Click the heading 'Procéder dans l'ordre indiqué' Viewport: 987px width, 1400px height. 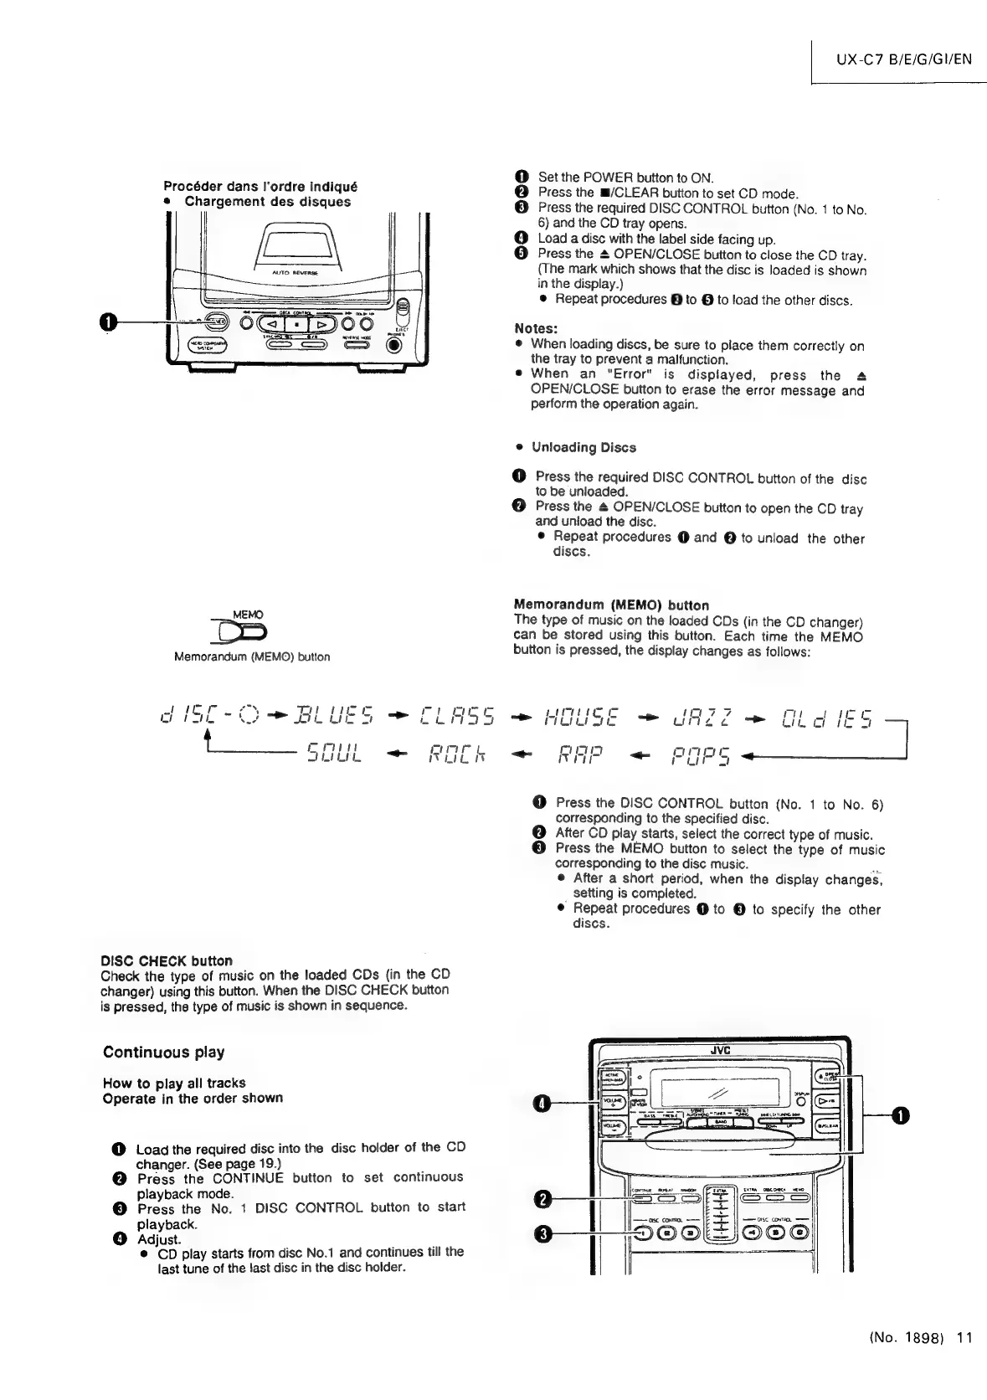pyautogui.click(x=260, y=186)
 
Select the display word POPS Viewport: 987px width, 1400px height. pyautogui.click(x=701, y=756)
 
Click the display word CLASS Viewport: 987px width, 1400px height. pyautogui.click(x=457, y=717)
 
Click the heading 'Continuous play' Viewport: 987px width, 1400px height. pyautogui.click(x=163, y=1053)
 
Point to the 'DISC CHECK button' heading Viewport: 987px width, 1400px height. pyautogui.click(x=167, y=960)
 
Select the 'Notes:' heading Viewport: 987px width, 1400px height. pyautogui.click(x=536, y=328)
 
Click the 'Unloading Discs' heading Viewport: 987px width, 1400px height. pyautogui.click(x=583, y=447)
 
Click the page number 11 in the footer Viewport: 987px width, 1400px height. pyautogui.click(x=964, y=1337)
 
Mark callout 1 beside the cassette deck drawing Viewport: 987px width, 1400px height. pyautogui.click(x=108, y=322)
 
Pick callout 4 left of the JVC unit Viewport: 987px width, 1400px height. pyautogui.click(x=542, y=1104)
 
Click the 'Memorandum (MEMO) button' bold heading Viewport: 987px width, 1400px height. pyautogui.click(x=611, y=605)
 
